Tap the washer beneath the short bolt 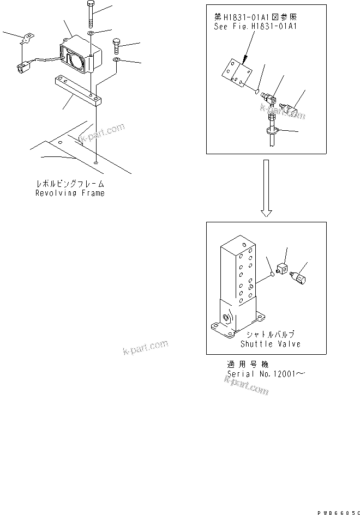(x=117, y=58)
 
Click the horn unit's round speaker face (x=73, y=59)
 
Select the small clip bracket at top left (x=25, y=39)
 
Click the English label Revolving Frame (x=70, y=193)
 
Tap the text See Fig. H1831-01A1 (x=256, y=26)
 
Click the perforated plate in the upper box (x=238, y=74)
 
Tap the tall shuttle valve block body (x=238, y=272)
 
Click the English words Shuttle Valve (x=271, y=344)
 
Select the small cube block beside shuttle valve (x=283, y=269)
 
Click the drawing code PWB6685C (x=335, y=509)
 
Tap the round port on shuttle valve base (x=226, y=318)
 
